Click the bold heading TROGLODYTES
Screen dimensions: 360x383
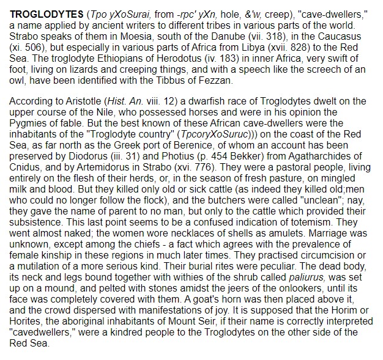[x=44, y=12]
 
